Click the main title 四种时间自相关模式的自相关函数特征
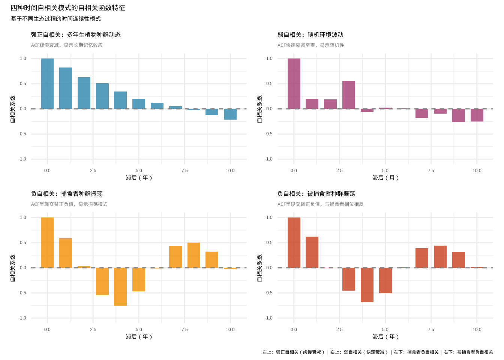[68, 8]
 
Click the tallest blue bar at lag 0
[47, 84]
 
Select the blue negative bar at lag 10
[230, 114]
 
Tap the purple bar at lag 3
[349, 95]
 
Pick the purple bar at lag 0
[294, 84]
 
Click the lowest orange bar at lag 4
[120, 286]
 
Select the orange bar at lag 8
[194, 255]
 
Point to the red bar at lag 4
[367, 285]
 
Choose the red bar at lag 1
[312, 252]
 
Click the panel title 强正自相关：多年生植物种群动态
[76, 34]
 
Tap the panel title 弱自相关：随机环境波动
[310, 34]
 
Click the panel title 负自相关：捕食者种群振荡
[67, 193]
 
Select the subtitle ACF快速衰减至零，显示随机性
[311, 45]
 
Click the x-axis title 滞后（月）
[385, 177]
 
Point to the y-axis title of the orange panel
[13, 268]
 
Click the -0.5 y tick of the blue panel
[22, 134]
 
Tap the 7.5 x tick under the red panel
[431, 329]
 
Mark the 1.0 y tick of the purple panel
[269, 58]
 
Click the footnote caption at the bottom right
[378, 352]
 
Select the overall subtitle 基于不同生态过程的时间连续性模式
[56, 19]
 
